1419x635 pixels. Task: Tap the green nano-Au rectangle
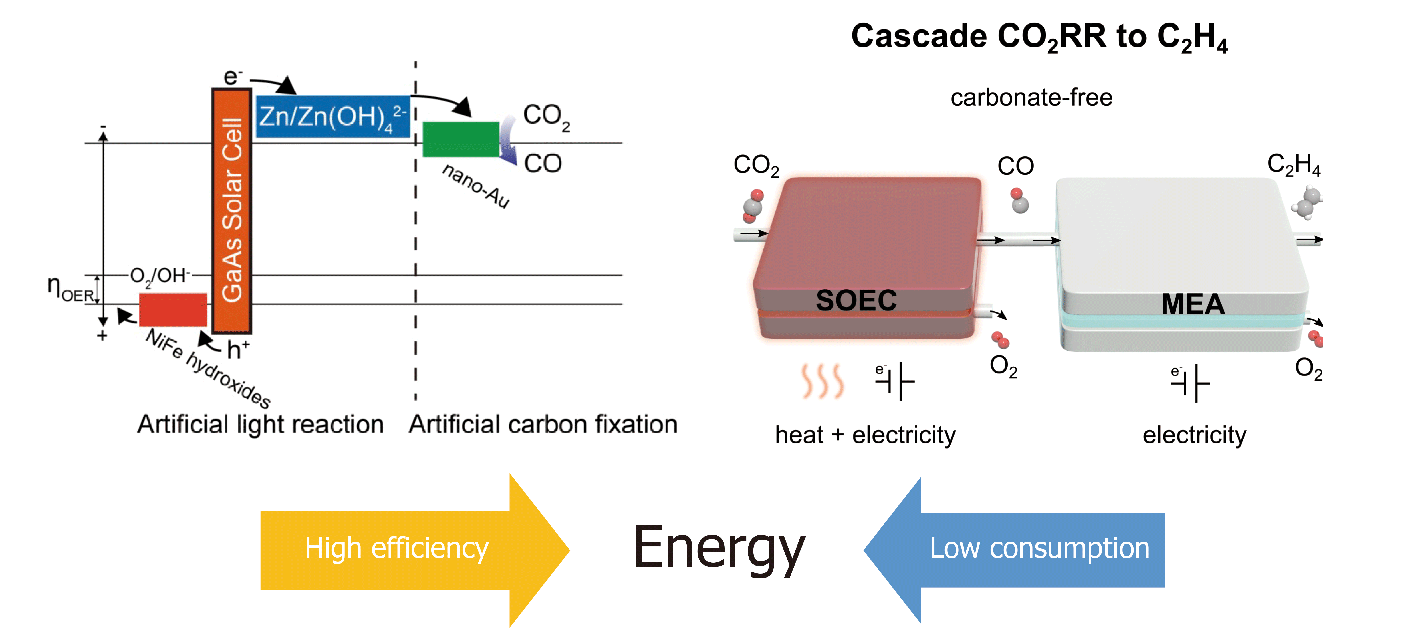tap(461, 139)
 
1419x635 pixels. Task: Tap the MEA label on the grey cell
tap(1192, 304)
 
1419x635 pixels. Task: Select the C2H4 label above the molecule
tap(1293, 164)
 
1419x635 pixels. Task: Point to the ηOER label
tap(70, 288)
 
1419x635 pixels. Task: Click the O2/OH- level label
tap(160, 275)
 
